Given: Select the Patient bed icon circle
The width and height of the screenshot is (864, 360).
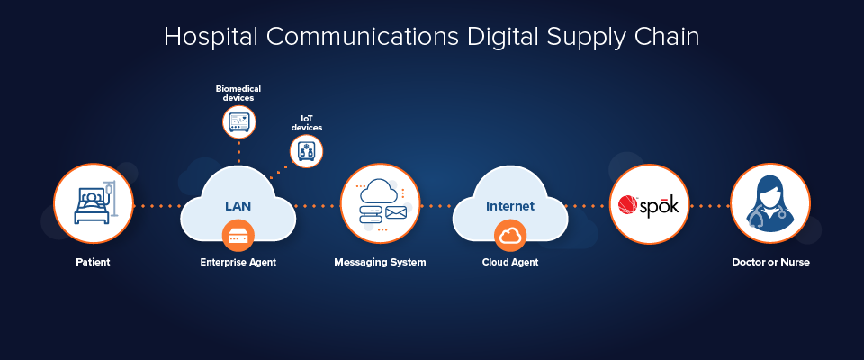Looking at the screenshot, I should [93, 203].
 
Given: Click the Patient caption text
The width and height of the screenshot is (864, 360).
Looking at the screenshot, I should [93, 262].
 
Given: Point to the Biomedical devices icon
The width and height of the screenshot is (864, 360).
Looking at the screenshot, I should [238, 121].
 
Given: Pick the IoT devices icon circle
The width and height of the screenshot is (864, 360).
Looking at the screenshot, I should [305, 152].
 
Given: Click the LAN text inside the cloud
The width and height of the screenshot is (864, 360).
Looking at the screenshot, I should [238, 206].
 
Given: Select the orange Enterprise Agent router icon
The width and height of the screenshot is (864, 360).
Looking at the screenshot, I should [238, 236].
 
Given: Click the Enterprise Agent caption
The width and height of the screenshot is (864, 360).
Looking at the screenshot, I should [238, 262].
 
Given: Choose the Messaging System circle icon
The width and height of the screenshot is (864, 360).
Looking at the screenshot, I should [380, 203].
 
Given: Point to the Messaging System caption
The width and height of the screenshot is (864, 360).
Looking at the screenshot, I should [380, 262].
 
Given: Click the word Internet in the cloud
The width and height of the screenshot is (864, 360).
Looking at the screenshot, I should [510, 206].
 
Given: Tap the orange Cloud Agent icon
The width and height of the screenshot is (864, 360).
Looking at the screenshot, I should [510, 236].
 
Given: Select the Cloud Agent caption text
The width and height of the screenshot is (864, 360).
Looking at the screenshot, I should [510, 262].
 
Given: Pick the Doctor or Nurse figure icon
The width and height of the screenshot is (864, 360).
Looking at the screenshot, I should [769, 203].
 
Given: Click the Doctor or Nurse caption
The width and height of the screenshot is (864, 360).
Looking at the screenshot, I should [770, 262].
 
